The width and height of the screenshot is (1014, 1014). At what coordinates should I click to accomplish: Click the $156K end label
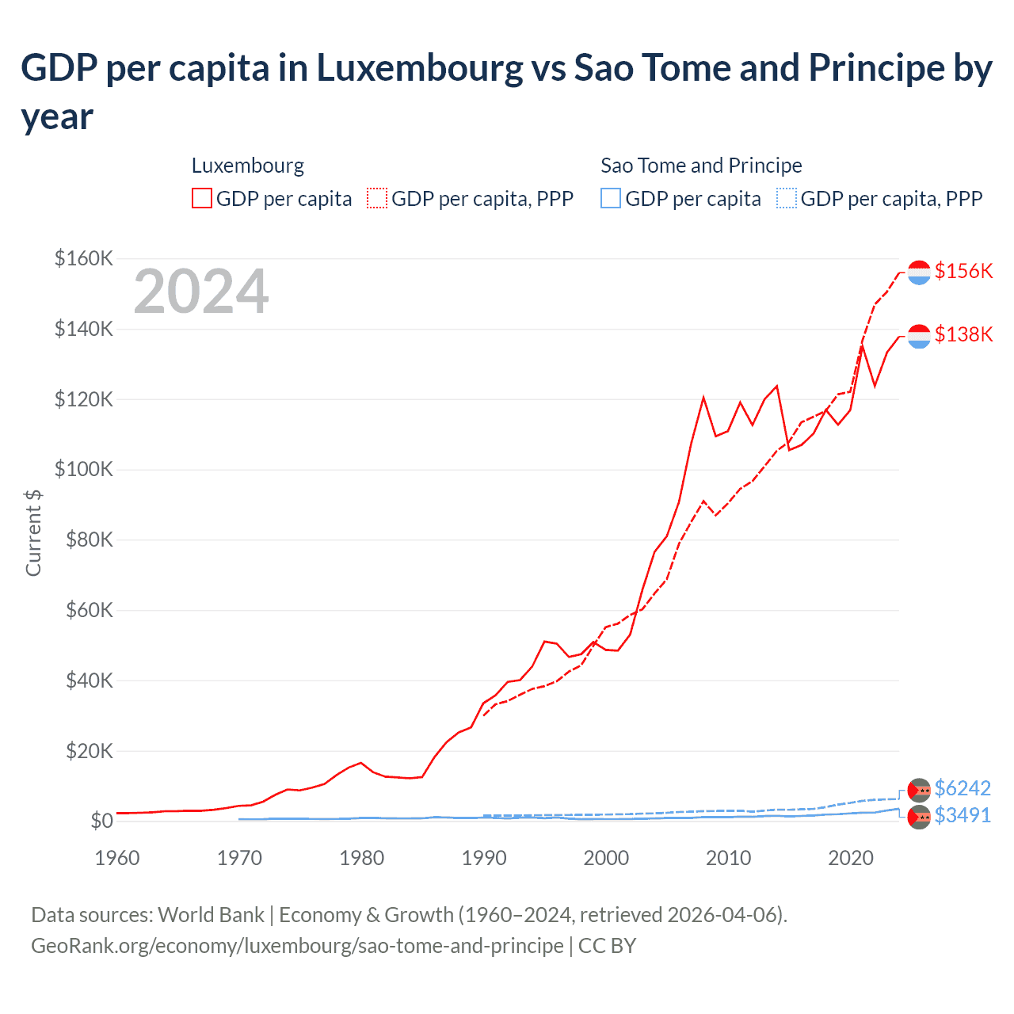[x=963, y=271]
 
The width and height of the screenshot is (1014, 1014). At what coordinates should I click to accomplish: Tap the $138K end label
[x=963, y=334]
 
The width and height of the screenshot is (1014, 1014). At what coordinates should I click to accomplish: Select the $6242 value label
[x=963, y=788]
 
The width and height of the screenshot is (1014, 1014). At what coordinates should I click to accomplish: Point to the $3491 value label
[x=963, y=815]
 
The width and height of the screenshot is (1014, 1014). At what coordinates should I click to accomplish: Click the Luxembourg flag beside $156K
[x=919, y=272]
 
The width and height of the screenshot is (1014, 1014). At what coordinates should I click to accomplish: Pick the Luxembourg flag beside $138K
[x=919, y=336]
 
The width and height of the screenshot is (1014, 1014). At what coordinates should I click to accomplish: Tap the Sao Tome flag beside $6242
[x=919, y=790]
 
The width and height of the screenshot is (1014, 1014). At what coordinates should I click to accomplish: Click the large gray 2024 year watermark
[x=201, y=292]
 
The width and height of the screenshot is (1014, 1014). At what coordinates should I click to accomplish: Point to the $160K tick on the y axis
[x=84, y=258]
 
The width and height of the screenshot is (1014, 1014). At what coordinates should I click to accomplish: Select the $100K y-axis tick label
[x=84, y=469]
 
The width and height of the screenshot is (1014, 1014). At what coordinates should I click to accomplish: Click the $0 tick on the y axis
[x=101, y=821]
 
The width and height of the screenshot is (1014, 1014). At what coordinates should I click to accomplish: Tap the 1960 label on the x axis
[x=117, y=858]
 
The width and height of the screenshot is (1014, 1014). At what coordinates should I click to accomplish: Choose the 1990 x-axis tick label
[x=484, y=858]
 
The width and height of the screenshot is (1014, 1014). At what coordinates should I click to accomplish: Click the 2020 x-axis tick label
[x=851, y=858]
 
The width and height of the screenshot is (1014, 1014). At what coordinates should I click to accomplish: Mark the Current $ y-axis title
[x=33, y=532]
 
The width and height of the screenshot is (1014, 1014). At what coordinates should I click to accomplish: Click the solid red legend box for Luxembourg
[x=202, y=198]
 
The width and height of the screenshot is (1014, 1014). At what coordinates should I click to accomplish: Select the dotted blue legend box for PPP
[x=787, y=198]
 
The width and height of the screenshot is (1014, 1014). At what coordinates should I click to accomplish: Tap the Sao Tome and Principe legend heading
[x=701, y=166]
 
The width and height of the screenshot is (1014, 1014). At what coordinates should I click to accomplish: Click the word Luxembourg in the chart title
[x=420, y=68]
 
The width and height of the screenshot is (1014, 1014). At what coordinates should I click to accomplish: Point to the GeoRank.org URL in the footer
[x=297, y=946]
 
